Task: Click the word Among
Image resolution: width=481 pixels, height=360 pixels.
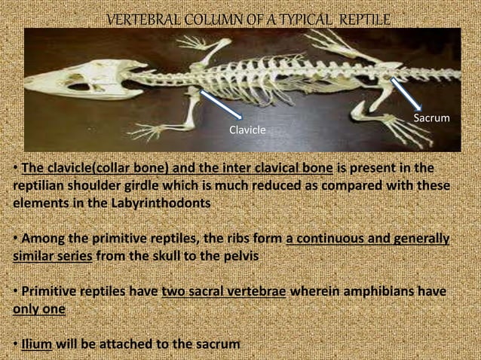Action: [41, 239]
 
